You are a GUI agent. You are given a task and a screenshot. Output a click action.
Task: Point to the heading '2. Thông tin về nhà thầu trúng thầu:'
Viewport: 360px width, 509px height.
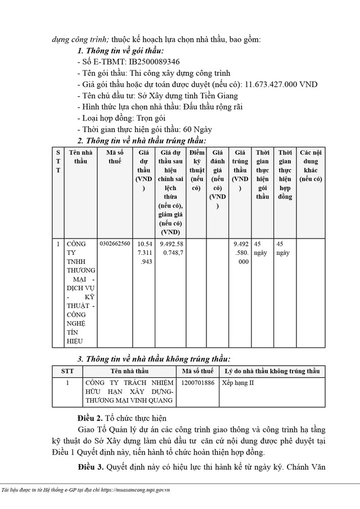pos(141,141)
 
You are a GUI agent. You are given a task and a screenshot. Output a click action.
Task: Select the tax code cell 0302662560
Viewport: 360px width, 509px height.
pos(115,244)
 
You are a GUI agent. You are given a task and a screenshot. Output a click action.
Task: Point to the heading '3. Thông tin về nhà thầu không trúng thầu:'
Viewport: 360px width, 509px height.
pos(154,359)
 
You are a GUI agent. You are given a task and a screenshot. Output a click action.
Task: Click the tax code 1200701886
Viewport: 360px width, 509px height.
pos(198,382)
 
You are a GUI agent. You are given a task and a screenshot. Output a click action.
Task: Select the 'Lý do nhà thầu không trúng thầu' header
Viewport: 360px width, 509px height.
pos(272,371)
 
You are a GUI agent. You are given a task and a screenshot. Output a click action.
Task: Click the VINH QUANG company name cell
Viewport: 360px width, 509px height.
pos(129,391)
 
